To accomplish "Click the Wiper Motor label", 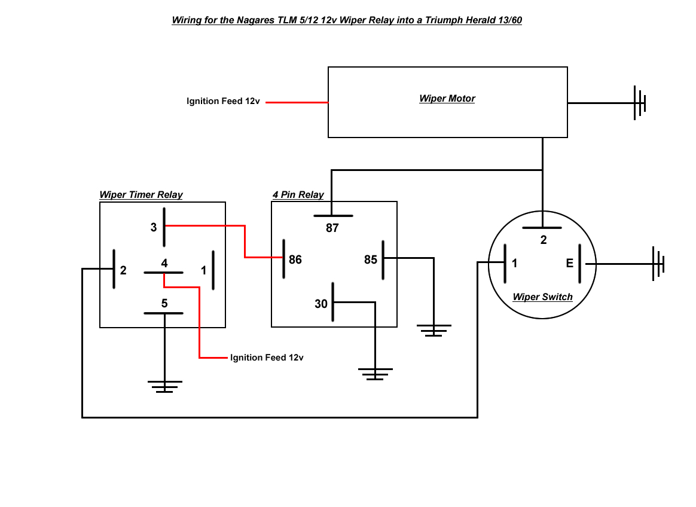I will (447, 99).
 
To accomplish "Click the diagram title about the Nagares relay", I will (347, 20).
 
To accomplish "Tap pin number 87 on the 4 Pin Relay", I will (332, 228).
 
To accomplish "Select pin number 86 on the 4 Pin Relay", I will (295, 260).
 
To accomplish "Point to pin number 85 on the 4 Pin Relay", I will (371, 260).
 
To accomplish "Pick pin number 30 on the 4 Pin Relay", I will (321, 304).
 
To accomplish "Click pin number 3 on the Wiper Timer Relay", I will (154, 227).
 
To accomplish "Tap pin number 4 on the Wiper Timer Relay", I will (164, 263).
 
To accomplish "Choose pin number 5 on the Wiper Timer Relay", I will (164, 303).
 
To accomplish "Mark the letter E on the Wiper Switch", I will (569, 264).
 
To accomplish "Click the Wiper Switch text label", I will (542, 297).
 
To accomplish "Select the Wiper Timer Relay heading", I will (141, 195).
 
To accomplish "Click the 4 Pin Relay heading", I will (298, 195).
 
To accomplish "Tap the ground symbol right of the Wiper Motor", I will (640, 103).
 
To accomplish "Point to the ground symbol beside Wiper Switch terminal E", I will (658, 264).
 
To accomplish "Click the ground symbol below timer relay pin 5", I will (165, 386).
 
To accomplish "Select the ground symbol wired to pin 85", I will (434, 330).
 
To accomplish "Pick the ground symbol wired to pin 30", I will (376, 374).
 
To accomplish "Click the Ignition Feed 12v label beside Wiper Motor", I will (223, 102).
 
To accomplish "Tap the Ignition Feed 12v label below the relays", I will (267, 358).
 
